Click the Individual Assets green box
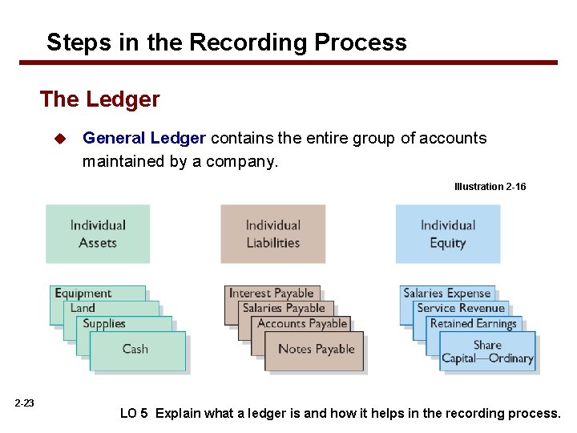98,233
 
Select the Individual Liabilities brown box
272,233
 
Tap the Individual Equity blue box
447,233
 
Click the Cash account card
136,350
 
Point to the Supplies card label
105,324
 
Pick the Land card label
83,308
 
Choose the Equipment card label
83,293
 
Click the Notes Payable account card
315,350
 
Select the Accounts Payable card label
302,324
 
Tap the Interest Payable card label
271,293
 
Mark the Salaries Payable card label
283,308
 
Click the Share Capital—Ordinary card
487,352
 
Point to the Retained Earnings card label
473,324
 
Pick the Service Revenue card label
461,308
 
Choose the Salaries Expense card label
446,293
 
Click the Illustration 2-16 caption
490,187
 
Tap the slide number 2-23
24,403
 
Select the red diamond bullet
59,139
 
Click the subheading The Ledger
100,99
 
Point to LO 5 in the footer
134,414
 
